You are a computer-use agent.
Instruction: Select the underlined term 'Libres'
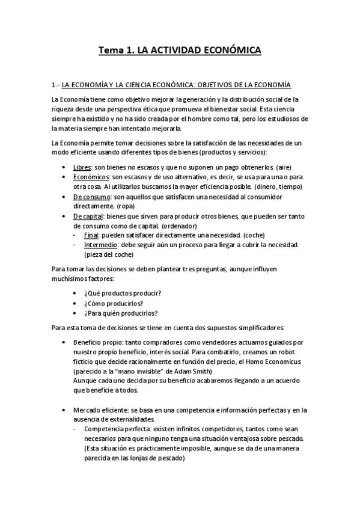[x=83, y=166]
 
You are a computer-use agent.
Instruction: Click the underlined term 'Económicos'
[x=91, y=177]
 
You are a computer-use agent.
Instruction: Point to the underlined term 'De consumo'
[x=91, y=197]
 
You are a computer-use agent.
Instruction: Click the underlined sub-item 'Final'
[x=94, y=235]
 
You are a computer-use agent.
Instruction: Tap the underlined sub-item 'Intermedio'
[x=102, y=245]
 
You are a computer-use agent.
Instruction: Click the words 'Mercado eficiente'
[x=101, y=410]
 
